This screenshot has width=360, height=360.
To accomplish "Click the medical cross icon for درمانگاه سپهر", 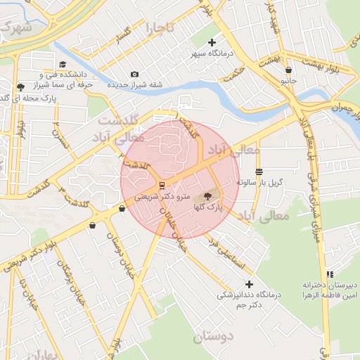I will [212, 43].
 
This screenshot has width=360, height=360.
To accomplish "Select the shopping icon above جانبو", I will [289, 70].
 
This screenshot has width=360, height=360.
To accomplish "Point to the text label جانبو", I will [289, 80].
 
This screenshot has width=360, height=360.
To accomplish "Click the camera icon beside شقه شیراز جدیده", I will [135, 75].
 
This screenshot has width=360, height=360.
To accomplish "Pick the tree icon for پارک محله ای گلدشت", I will [19, 88].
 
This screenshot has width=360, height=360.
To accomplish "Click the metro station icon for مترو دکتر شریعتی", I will [162, 186].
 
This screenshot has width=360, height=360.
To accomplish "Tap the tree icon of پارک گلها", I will [207, 196].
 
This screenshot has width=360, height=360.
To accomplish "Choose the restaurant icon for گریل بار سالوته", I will [259, 172].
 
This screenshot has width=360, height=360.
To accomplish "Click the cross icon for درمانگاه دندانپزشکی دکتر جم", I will [249, 284].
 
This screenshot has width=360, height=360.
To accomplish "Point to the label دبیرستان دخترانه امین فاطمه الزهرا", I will [330, 290].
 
